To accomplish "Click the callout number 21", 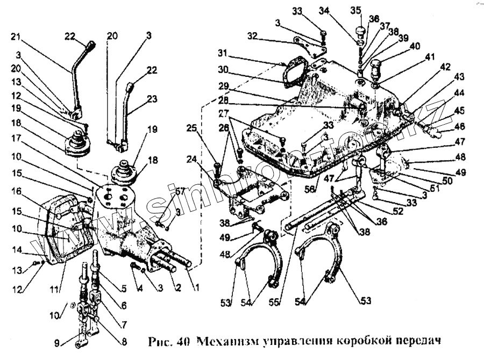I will [15, 37].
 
